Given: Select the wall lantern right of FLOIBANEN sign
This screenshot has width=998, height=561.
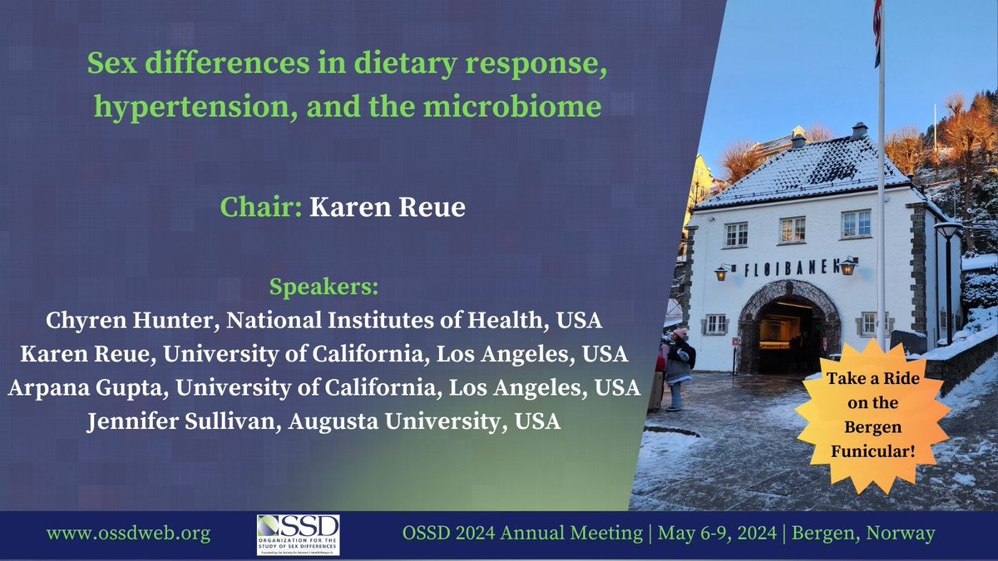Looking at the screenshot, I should point(847,266).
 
